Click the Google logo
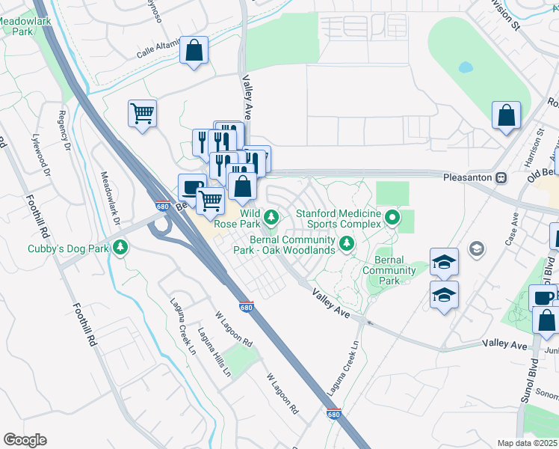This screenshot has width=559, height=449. (25, 440)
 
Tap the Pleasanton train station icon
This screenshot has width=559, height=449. (501, 178)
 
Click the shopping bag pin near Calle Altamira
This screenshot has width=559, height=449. (194, 51)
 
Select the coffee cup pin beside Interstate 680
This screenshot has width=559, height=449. (192, 188)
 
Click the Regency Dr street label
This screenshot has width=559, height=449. (64, 123)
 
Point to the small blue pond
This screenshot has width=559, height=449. (466, 67)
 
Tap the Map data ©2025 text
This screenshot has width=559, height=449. (528, 443)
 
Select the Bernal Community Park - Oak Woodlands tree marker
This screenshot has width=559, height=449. (347, 243)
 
